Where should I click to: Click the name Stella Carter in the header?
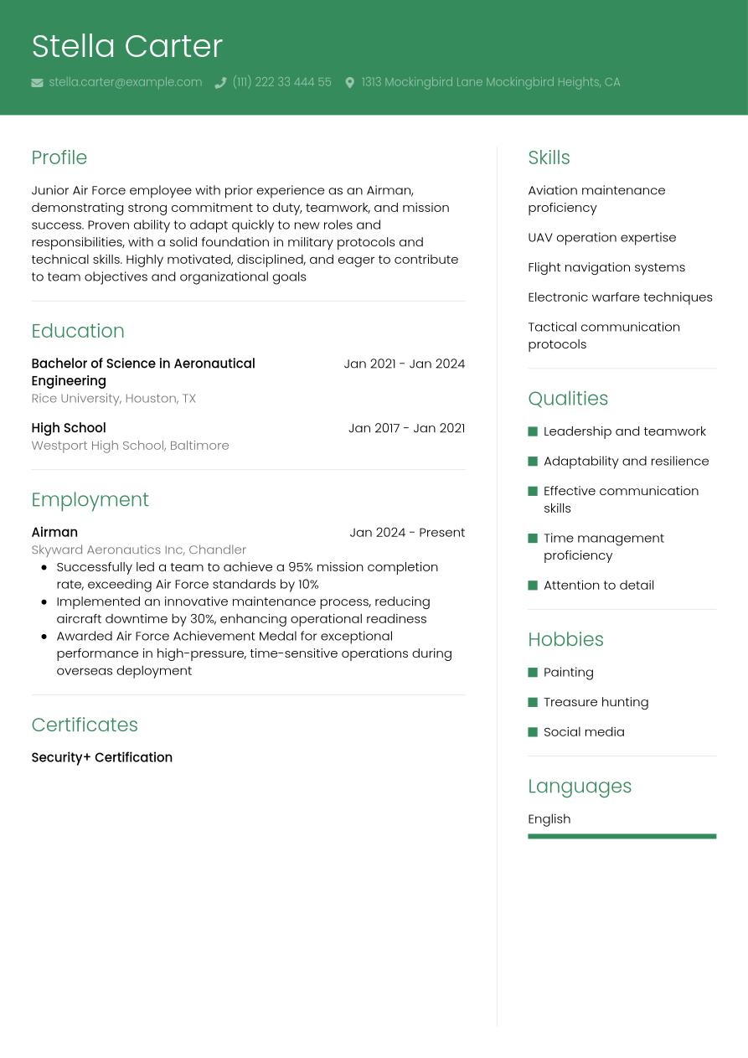pos(126,46)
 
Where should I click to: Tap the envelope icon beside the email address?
pos(37,83)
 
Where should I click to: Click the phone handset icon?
pos(220,83)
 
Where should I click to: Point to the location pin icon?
pos(349,83)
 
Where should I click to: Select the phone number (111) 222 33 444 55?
pos(281,82)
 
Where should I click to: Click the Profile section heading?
pos(59,157)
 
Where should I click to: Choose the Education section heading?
pos(77,331)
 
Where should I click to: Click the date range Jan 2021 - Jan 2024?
pos(404,364)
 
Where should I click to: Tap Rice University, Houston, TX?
pos(113,398)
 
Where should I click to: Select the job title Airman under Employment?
pos(54,532)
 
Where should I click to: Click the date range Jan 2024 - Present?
pos(406,532)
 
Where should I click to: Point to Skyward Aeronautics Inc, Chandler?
pos(138,550)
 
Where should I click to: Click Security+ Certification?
pos(101,757)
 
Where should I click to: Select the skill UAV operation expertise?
pos(601,237)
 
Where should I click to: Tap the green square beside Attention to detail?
pos(533,586)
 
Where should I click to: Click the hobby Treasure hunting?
pos(596,702)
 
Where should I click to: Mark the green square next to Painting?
pos(533,673)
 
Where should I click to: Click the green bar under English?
pos(622,836)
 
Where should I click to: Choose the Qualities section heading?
pos(568,399)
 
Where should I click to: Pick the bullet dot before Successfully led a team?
pos(44,567)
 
